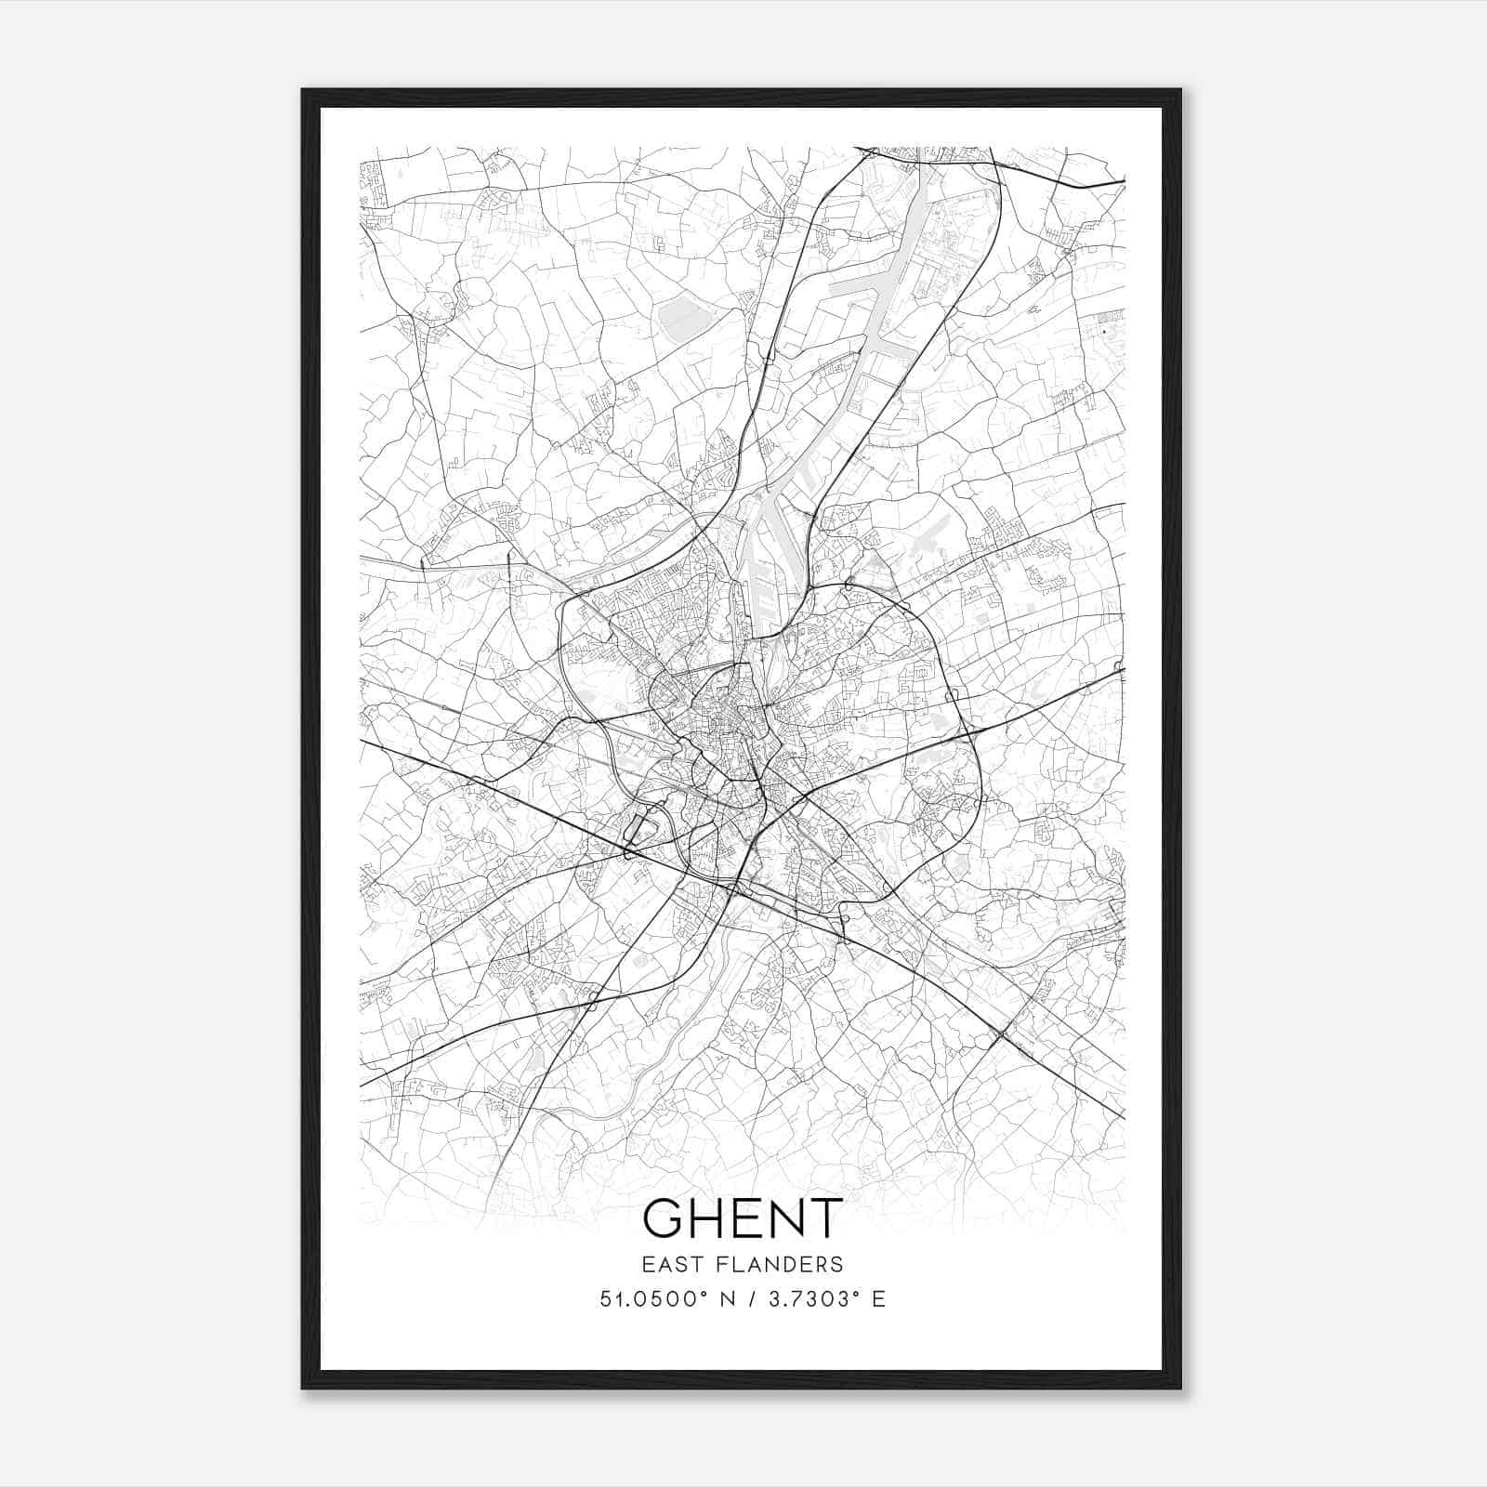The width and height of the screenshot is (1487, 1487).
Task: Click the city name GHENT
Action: (x=743, y=1217)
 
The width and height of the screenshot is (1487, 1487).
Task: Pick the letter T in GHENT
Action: (x=826, y=1217)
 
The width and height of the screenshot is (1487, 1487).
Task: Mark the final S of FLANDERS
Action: (x=837, y=1264)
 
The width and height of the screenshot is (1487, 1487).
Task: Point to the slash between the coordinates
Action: (x=745, y=1299)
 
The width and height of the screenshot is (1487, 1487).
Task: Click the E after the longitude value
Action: (x=878, y=1299)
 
